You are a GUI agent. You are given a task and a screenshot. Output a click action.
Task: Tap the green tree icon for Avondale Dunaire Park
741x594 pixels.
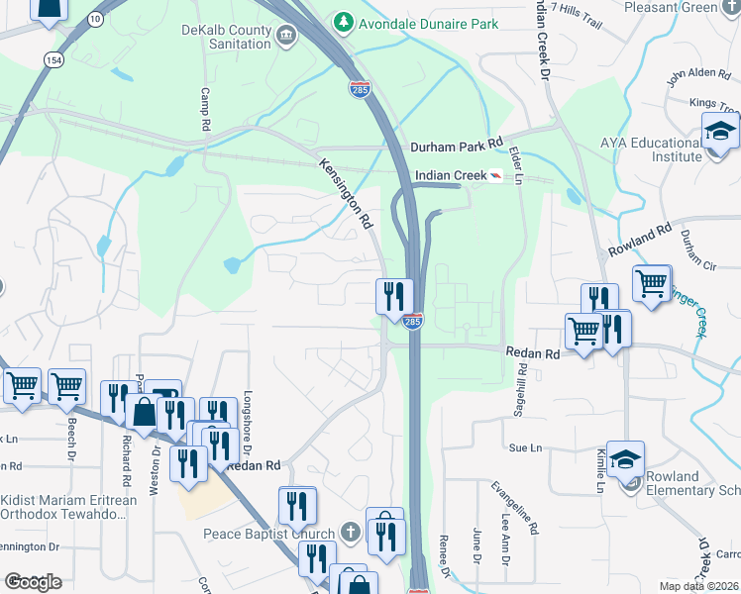(x=343, y=21)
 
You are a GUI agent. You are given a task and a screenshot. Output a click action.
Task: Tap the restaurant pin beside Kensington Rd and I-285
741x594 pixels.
(x=393, y=295)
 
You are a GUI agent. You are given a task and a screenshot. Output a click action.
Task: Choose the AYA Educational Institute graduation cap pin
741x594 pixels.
(x=720, y=133)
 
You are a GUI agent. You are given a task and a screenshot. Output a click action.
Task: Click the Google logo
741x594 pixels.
(x=33, y=582)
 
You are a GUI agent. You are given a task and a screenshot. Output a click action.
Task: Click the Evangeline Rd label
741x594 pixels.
(x=515, y=509)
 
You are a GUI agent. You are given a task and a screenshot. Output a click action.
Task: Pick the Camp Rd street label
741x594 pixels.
(x=206, y=109)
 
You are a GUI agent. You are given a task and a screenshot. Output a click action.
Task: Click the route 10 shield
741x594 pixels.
(x=94, y=19)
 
